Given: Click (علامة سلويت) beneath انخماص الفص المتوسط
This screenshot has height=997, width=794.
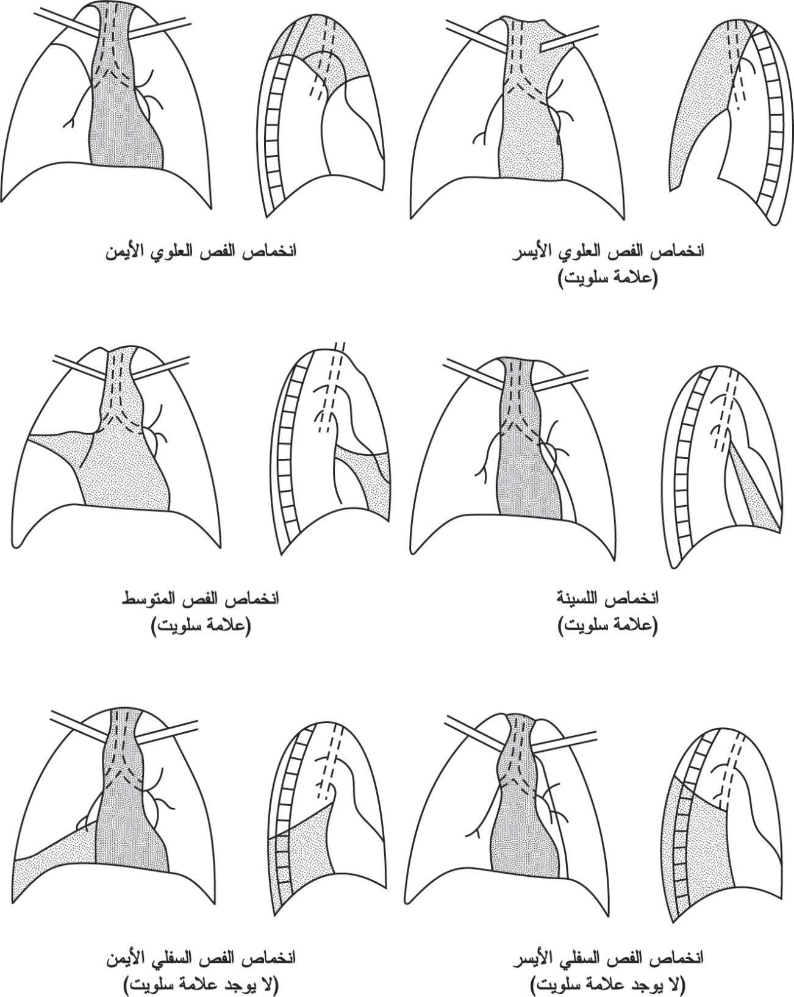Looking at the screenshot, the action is point(201,628).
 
